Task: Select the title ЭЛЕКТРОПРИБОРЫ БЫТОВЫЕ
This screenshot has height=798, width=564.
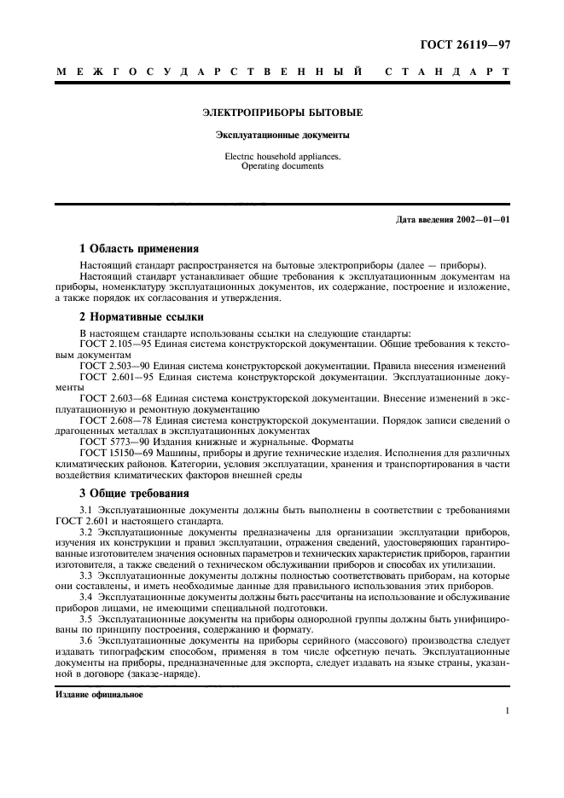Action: pyautogui.click(x=282, y=113)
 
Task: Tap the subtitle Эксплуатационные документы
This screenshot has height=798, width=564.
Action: pyautogui.click(x=282, y=135)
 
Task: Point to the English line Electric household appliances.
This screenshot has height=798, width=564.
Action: pyautogui.click(x=282, y=157)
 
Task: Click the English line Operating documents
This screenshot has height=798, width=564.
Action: pyautogui.click(x=282, y=166)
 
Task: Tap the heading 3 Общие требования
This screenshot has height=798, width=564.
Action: pyautogui.click(x=134, y=494)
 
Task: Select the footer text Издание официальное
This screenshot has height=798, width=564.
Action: pyautogui.click(x=99, y=694)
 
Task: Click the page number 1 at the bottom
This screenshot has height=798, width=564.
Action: pyautogui.click(x=507, y=710)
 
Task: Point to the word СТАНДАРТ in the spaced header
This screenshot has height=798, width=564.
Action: pyautogui.click(x=448, y=72)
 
